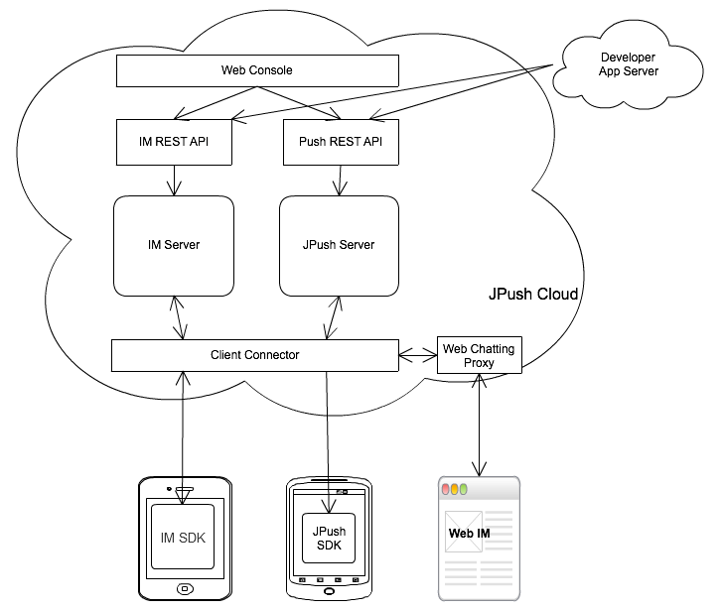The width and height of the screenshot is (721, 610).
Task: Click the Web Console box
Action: pyautogui.click(x=257, y=70)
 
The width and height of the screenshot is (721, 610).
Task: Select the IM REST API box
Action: pyautogui.click(x=175, y=143)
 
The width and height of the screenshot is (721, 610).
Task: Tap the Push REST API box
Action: pyautogui.click(x=341, y=143)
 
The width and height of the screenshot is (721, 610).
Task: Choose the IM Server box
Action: pyautogui.click(x=174, y=245)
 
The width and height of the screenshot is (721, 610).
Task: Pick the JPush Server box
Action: pyautogui.click(x=339, y=245)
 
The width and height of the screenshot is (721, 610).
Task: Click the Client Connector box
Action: pyautogui.click(x=254, y=354)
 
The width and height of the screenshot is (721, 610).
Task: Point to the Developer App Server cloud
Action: pyautogui.click(x=627, y=65)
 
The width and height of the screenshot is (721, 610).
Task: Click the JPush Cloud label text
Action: pyautogui.click(x=533, y=296)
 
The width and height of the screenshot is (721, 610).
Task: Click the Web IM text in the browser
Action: pyautogui.click(x=469, y=534)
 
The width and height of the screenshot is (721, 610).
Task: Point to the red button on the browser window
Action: pyautogui.click(x=447, y=489)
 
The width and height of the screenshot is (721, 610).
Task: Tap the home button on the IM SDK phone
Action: pyautogui.click(x=184, y=589)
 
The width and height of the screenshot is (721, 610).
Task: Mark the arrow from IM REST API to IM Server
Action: pyautogui.click(x=175, y=180)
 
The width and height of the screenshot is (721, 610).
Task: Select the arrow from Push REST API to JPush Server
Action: pyautogui.click(x=340, y=180)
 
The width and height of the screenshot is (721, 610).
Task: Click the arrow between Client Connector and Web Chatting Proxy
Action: pyautogui.click(x=417, y=353)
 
